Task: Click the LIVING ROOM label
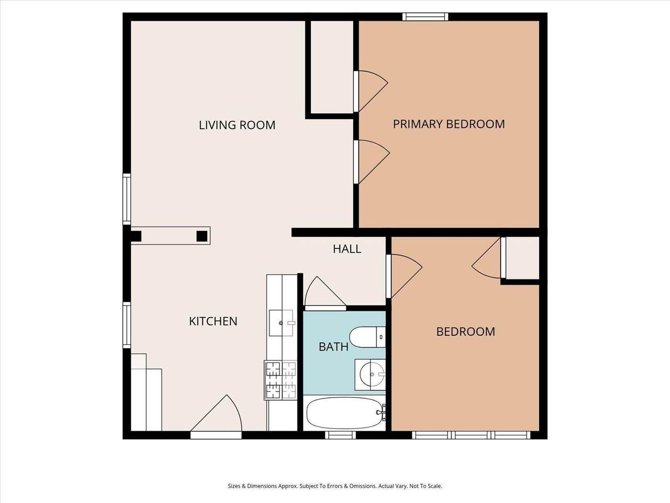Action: [x=237, y=125]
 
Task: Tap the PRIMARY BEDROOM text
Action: [x=449, y=124]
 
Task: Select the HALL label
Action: [x=347, y=249]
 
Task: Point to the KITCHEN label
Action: [x=213, y=321]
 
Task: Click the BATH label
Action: [x=333, y=347]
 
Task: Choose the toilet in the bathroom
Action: [x=367, y=337]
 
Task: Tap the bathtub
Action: [x=345, y=413]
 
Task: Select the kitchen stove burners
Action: [x=281, y=380]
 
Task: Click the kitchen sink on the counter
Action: [x=281, y=323]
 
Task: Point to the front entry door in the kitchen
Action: [x=216, y=416]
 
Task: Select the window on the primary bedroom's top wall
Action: [x=425, y=17]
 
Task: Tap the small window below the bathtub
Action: [x=340, y=435]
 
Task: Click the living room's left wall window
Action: [x=127, y=199]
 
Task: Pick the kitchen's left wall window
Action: [x=127, y=325]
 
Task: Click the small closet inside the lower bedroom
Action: [x=522, y=258]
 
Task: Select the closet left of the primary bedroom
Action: [x=332, y=67]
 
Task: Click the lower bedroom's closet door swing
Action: [x=487, y=258]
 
